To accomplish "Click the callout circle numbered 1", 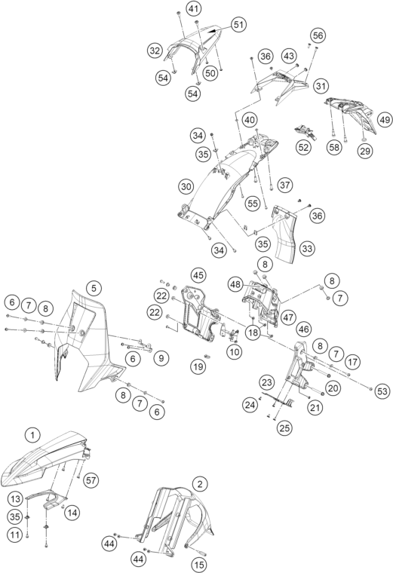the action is [x=33, y=435].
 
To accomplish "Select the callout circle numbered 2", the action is [x=200, y=485].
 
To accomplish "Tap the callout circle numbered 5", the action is [x=94, y=288].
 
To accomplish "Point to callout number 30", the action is [x=186, y=187].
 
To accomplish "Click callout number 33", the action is [x=307, y=249].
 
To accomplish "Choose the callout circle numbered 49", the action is [x=384, y=119].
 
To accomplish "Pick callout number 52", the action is [x=303, y=147].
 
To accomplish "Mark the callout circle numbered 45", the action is [x=198, y=274].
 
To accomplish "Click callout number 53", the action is [x=382, y=391].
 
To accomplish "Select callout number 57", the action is [x=91, y=480].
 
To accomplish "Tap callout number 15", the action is [x=199, y=565].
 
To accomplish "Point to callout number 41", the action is [x=194, y=8].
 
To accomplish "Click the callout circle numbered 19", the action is [x=198, y=366].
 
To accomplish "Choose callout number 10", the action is [x=234, y=352].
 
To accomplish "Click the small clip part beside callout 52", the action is [x=306, y=132].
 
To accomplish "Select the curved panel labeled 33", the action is [x=286, y=234].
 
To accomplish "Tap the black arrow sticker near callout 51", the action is [x=215, y=32].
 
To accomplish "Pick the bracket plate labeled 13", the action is [x=47, y=498].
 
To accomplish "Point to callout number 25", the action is [x=284, y=427].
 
